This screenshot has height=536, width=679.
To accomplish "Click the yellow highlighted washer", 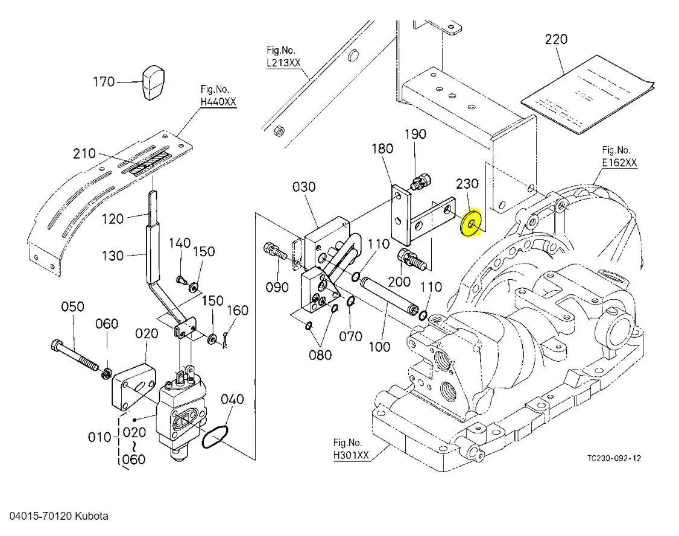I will [x=471, y=224].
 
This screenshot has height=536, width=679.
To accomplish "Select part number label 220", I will [x=555, y=39].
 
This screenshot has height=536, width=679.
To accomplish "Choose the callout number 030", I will [x=304, y=187].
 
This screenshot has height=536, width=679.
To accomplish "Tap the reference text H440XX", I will [x=218, y=102].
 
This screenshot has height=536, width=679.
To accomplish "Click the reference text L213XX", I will [x=283, y=63].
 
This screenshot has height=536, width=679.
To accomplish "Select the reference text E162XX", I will [x=619, y=163].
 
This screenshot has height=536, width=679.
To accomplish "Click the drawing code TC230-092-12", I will [x=614, y=458].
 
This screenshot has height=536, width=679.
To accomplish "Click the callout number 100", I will [x=379, y=347].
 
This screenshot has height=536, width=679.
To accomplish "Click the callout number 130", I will [x=112, y=256].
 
